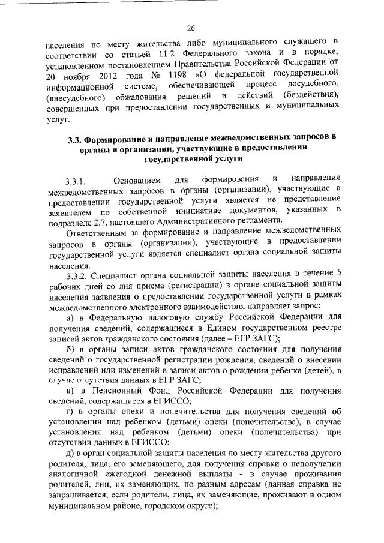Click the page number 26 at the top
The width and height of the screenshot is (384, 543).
coord(191,28)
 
